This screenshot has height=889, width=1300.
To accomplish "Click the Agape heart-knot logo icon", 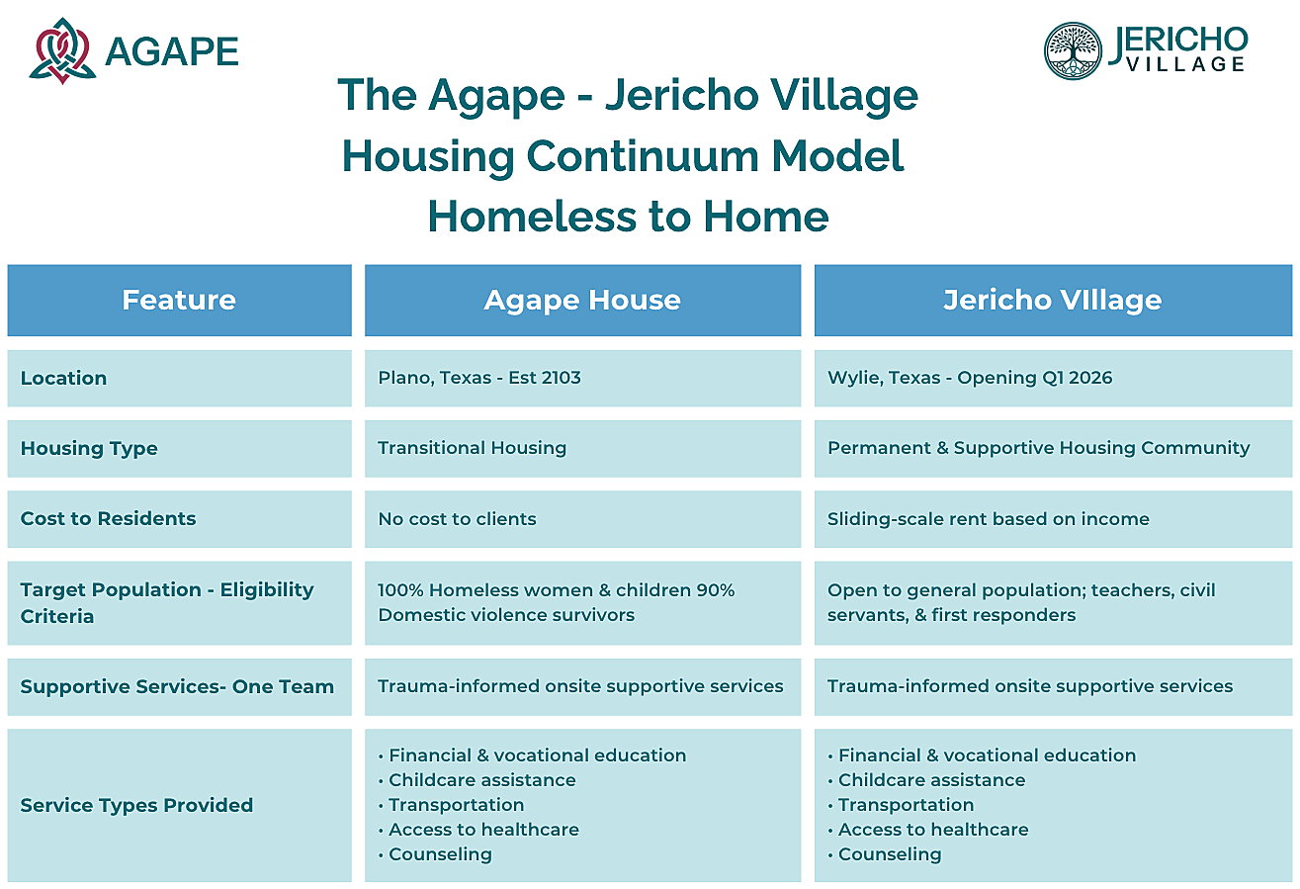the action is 62,50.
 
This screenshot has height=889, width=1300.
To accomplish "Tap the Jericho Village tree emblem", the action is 1073,50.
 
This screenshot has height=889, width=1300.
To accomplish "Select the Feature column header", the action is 179,301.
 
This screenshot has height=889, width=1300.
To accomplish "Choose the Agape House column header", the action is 582,301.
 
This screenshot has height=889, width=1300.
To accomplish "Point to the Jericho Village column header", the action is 1054,301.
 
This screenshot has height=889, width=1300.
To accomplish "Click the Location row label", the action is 64,378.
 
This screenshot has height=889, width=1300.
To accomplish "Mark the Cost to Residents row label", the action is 109,518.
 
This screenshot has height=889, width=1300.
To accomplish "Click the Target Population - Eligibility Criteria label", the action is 167,603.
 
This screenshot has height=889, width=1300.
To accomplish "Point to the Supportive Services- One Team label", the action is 177,686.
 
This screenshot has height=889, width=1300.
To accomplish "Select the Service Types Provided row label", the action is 137,805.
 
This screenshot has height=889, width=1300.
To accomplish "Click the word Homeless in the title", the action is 533,217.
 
